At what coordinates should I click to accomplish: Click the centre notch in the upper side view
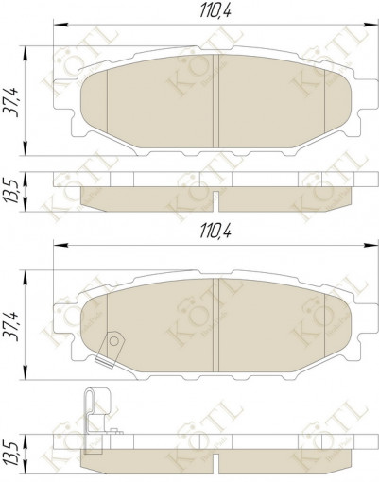[x=218, y=201]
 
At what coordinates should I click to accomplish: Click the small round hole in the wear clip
[x=113, y=338]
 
